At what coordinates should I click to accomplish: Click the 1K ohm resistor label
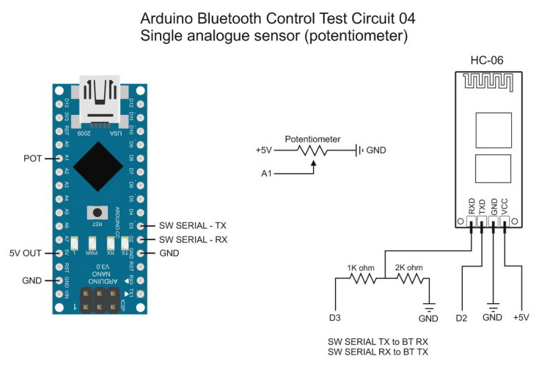(x=360, y=269)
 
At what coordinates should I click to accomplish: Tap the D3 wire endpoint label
(x=334, y=317)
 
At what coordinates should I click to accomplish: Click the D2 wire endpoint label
(x=462, y=317)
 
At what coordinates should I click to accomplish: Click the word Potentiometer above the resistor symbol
(x=312, y=138)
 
